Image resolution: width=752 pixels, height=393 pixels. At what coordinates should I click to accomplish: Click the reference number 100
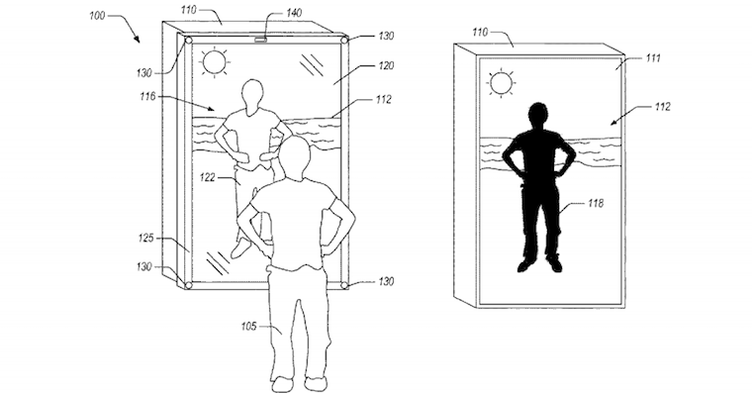[97, 16]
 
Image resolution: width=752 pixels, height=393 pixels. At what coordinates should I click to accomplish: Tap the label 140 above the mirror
[294, 13]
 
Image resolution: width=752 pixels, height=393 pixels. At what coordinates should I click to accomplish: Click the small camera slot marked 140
[261, 40]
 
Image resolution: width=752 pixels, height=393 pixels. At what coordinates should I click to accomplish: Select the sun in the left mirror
[215, 61]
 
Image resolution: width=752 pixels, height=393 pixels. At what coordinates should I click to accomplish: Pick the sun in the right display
[501, 83]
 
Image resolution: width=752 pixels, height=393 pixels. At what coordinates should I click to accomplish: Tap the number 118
[596, 204]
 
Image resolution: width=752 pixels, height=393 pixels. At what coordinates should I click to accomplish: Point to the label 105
[249, 327]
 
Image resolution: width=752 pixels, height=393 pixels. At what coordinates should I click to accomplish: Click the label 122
[207, 177]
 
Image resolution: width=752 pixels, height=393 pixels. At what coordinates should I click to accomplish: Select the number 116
[147, 97]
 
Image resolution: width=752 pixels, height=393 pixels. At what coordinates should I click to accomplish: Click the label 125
[145, 238]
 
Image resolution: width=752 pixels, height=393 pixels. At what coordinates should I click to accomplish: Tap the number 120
[386, 65]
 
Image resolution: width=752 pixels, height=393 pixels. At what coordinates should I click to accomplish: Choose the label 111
[653, 58]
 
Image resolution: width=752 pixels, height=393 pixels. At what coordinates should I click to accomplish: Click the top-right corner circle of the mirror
[344, 40]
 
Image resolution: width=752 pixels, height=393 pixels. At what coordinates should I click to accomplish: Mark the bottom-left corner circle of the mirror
[188, 285]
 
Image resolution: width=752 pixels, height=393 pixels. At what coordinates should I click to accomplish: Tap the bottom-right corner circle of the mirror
[344, 285]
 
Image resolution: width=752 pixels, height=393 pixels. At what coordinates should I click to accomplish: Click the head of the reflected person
[252, 96]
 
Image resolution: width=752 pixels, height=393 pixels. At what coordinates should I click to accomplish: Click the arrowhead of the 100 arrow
[139, 41]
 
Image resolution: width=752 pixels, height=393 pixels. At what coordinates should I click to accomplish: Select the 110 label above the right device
[480, 32]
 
